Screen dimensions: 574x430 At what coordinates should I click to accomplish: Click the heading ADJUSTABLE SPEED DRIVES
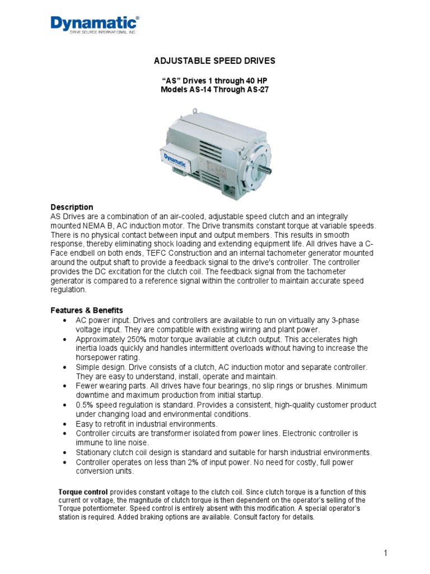pyautogui.click(x=215, y=60)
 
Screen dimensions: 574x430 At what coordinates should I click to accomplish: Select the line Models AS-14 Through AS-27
pyautogui.click(x=215, y=89)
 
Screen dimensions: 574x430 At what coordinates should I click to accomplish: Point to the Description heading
pyautogui.click(x=72, y=207)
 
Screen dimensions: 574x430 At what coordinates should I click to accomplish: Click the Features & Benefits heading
pyautogui.click(x=87, y=310)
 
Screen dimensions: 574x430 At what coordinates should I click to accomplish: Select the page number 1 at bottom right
pyautogui.click(x=386, y=553)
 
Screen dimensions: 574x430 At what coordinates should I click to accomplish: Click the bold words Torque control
pyautogui.click(x=83, y=492)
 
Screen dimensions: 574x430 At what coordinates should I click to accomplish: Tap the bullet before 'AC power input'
pyautogui.click(x=66, y=320)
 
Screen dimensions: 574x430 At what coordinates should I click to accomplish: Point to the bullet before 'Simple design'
pyautogui.click(x=66, y=367)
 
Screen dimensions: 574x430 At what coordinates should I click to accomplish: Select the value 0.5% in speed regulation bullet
pyautogui.click(x=85, y=405)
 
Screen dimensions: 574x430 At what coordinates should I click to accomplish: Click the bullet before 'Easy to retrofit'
pyautogui.click(x=66, y=424)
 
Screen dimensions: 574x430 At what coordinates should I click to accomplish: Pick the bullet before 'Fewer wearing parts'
pyautogui.click(x=66, y=386)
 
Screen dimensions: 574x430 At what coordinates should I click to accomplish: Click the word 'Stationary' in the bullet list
pyautogui.click(x=94, y=452)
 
